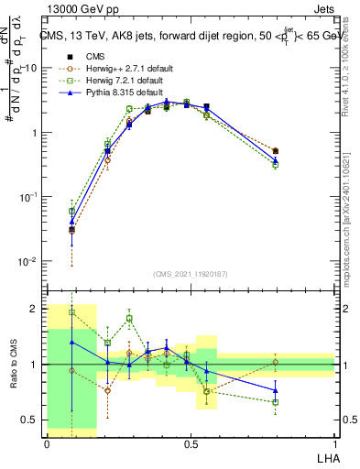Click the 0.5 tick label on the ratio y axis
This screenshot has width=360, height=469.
coord(31,420)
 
